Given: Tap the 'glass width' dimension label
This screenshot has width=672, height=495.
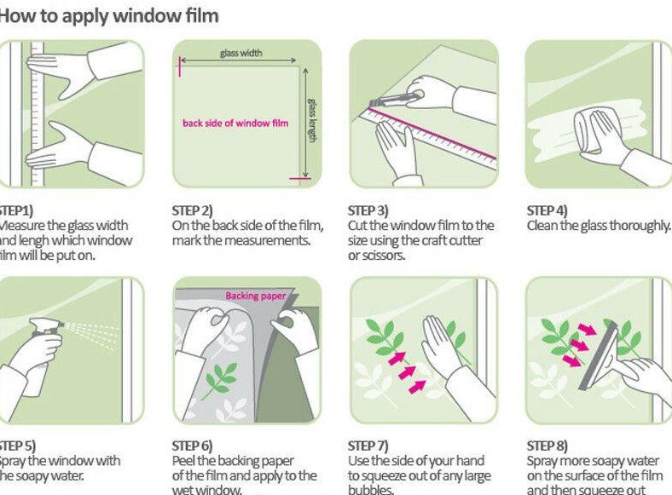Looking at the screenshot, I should [241, 54].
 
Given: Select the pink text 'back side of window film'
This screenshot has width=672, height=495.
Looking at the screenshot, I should [235, 123].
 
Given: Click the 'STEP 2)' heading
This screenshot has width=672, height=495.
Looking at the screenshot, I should [193, 210].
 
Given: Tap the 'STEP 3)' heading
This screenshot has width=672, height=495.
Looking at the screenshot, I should [368, 210].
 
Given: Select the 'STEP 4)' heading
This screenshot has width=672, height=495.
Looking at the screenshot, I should [547, 210].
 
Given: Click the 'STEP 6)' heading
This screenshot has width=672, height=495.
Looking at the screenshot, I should [193, 446].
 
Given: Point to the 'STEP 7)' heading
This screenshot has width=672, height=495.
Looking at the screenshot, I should [368, 446].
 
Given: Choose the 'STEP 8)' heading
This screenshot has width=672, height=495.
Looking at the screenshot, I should [547, 446].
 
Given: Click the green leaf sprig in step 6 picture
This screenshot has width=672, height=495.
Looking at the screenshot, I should [223, 379].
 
